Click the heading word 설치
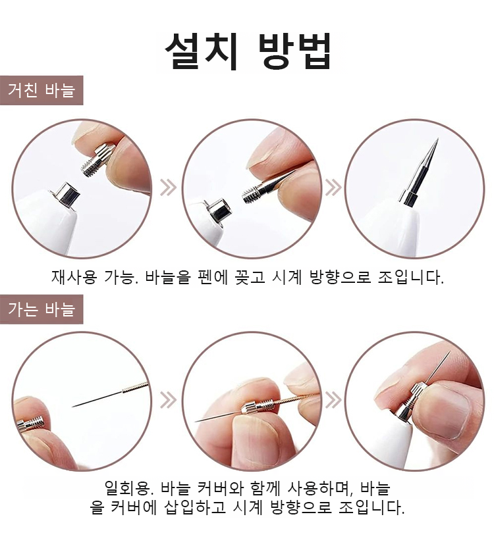click(x=203, y=51)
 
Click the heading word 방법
click(x=294, y=51)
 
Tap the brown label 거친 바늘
click(x=41, y=90)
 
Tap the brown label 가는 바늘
click(x=41, y=309)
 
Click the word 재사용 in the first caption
click(x=74, y=277)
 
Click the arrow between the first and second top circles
click(x=168, y=187)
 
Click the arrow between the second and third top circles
click(x=333, y=187)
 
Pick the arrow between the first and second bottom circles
click(x=168, y=400)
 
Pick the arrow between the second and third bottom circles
click(x=333, y=400)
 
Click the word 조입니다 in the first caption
click(x=411, y=277)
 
